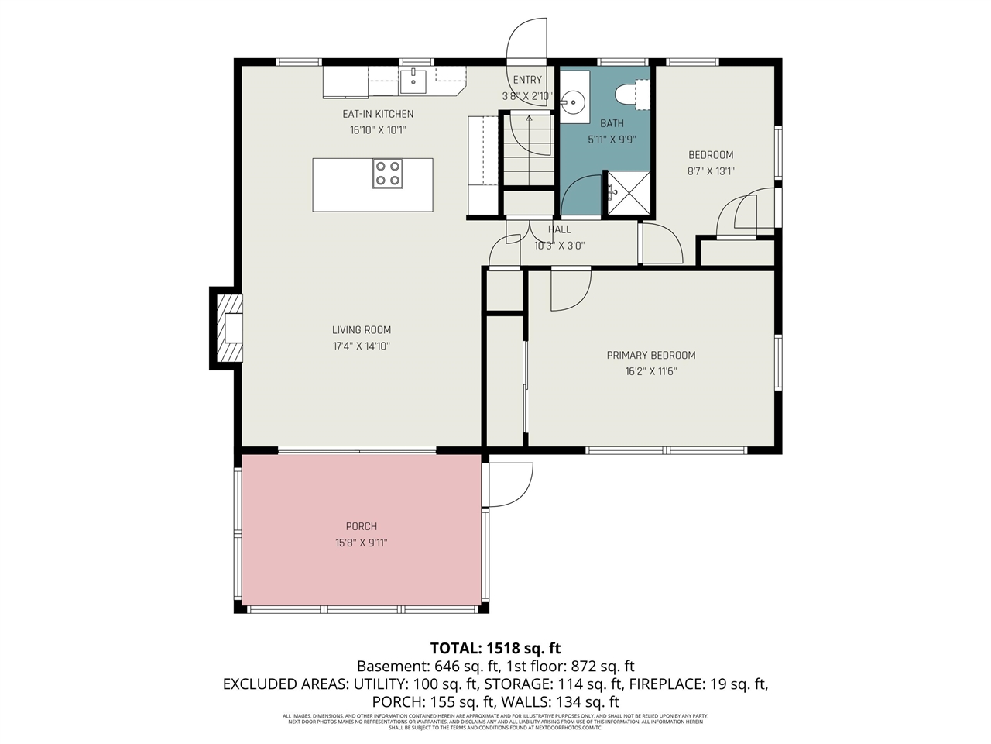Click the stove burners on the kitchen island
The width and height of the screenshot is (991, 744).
(388, 174)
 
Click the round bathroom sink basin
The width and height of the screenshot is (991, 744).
(574, 102)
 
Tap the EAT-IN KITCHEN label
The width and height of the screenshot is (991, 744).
(378, 114)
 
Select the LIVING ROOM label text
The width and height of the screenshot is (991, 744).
(362, 330)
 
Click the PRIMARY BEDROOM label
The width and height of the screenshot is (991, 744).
(650, 355)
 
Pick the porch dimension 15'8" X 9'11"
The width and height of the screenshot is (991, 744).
(362, 543)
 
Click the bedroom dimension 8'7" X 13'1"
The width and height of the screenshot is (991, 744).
(711, 171)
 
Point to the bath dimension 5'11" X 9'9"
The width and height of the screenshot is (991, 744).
(612, 139)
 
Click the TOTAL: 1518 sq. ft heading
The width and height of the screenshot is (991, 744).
(495, 649)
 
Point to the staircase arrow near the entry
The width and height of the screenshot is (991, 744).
(529, 119)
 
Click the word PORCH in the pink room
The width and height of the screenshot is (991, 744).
(362, 527)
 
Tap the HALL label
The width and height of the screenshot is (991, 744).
(559, 229)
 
